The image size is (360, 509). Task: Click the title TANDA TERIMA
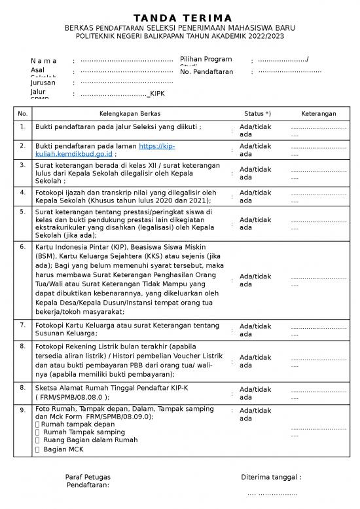tap(179, 17)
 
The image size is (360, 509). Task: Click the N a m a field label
tap(44, 62)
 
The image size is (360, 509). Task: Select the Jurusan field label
tap(43, 83)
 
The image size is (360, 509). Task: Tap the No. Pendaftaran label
tap(206, 71)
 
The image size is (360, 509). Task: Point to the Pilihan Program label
tap(206, 60)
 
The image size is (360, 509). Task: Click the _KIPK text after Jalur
tap(156, 94)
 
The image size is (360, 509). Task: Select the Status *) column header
tap(257, 114)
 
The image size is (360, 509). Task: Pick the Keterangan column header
tap(319, 114)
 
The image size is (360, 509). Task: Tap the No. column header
tap(23, 114)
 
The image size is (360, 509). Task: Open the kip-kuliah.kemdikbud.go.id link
tap(105, 150)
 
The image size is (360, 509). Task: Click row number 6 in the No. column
tap(23, 248)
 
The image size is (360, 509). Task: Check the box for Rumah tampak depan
tap(37, 424)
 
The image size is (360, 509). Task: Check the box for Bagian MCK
tap(37, 449)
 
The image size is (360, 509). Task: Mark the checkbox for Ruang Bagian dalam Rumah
tap(37, 441)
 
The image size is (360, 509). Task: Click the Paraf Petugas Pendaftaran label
tap(88, 481)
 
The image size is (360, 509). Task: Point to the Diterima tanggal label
tap(271, 478)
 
